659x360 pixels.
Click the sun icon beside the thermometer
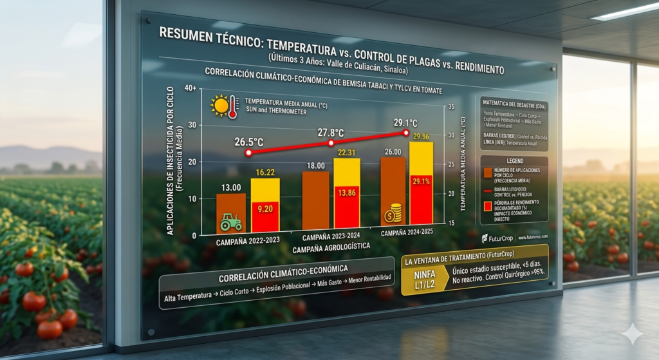coord(220,105)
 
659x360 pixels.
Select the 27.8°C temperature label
coord(330,132)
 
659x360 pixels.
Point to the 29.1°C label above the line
coord(405,122)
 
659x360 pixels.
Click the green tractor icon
coord(231,223)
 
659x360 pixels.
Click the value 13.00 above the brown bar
coord(230,187)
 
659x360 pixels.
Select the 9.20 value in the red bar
coord(265,208)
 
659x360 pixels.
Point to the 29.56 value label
coord(421,137)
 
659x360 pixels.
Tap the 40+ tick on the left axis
coord(189,88)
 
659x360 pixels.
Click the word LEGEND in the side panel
coord(514,160)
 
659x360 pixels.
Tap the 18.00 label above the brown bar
coord(316,166)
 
